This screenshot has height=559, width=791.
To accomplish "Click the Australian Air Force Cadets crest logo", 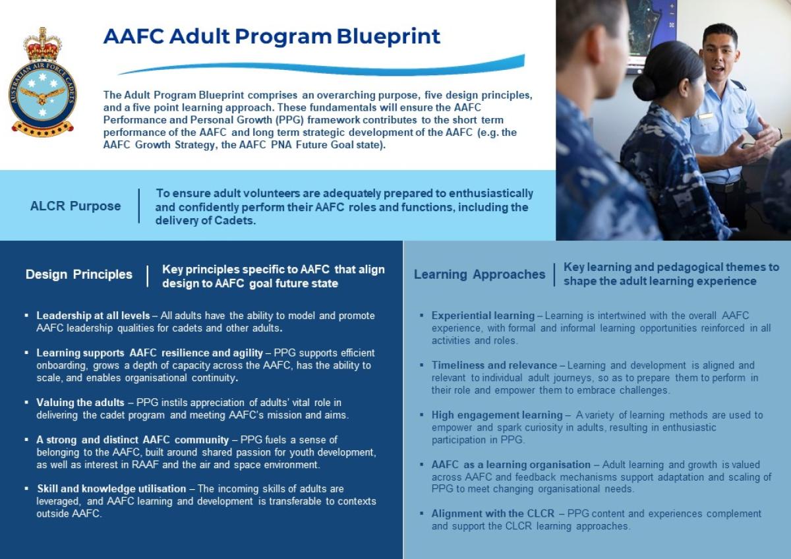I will pos(42,82).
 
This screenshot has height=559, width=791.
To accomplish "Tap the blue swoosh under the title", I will pos(323,66).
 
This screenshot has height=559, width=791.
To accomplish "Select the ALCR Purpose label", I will pos(75,206).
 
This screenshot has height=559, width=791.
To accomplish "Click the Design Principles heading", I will pos(79,274).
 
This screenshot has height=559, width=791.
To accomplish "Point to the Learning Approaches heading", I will pos(479,274).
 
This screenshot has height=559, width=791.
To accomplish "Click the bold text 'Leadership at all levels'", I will pos(93,316).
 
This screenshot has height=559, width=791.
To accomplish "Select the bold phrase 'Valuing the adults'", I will pos(80,402).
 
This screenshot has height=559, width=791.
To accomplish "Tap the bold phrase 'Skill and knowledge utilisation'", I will pos(111,488).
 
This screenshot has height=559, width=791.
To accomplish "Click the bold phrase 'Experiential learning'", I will pos(483,316).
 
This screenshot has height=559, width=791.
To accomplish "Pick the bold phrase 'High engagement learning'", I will pos(496,415).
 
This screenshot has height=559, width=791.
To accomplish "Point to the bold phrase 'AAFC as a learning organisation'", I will pos(511,465).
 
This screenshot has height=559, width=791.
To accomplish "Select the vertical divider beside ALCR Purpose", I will pos(139,206).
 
